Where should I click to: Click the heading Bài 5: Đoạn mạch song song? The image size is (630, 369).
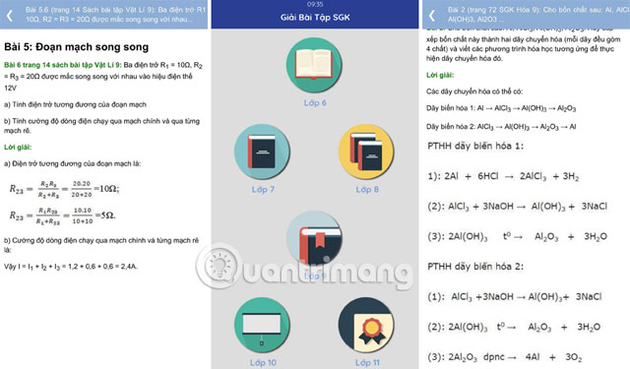[77, 46]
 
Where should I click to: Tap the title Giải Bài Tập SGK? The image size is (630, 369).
[315, 18]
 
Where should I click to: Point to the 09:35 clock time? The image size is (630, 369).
[315, 4]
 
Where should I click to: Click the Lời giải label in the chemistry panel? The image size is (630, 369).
[445, 75]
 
